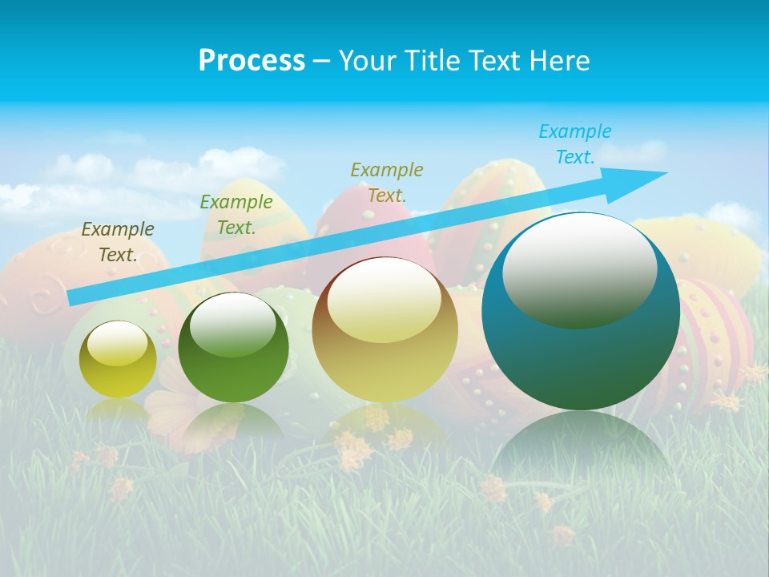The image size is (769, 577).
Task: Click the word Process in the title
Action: coord(252,61)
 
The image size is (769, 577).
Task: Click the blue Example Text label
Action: coord(575,144)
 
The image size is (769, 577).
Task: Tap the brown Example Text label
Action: coord(117,242)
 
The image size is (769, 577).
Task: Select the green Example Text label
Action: coord(236,214)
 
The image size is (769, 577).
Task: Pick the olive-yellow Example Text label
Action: coord(387,182)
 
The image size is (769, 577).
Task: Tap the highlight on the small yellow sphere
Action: coord(117,343)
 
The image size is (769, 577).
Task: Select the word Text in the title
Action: coord(497,61)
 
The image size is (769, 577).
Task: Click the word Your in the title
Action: coord(365,61)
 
